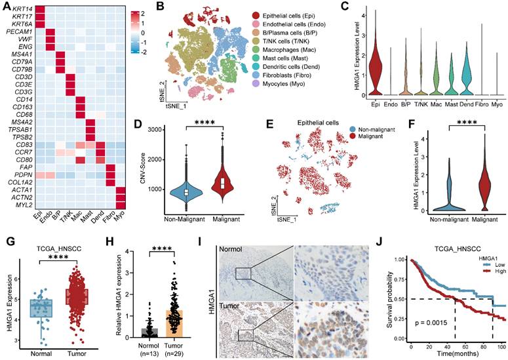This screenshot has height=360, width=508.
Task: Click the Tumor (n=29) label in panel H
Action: pos(172,348)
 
